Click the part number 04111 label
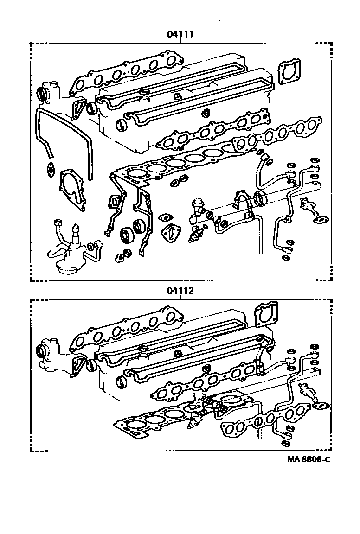tap(180, 34)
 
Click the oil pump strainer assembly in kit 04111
tap(70, 253)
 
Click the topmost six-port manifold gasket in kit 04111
tap(125, 74)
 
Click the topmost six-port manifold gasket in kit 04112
tap(125, 329)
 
